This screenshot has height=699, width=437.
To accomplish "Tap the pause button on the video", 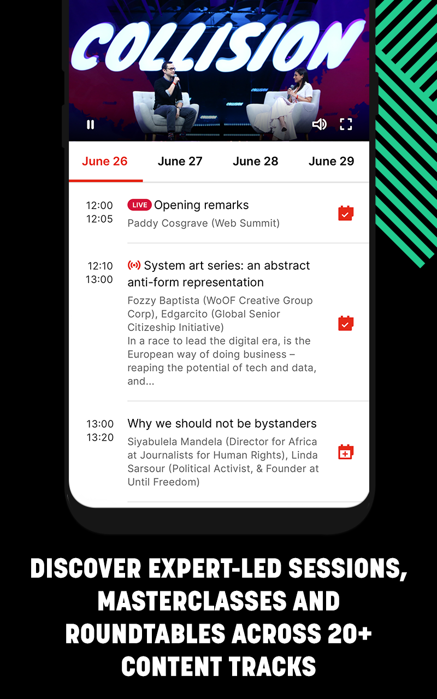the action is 91,125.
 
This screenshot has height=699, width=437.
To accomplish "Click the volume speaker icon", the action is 320,124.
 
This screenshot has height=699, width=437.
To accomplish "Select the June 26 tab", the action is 105,161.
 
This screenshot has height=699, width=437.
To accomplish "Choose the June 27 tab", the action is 180,161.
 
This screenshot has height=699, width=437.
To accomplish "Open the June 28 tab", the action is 255,161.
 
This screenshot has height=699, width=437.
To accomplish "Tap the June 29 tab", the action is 331,161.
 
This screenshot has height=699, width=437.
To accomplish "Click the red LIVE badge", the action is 139,205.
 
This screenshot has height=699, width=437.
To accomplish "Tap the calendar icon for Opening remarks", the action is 346,214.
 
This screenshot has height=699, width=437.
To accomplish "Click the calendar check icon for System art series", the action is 346,323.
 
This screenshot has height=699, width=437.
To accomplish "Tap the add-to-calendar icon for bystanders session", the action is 346,452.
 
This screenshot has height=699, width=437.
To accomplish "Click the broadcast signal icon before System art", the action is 134,265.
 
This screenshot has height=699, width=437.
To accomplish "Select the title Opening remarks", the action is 202,205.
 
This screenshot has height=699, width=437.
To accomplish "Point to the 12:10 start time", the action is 100,266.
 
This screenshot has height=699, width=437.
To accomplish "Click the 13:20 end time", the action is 100,437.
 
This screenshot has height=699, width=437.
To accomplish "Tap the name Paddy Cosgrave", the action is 168,223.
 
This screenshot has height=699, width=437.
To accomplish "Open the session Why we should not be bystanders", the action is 222,423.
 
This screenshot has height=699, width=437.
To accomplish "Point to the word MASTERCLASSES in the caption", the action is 192,601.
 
